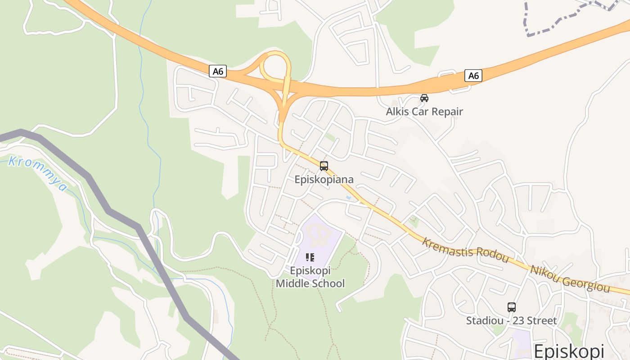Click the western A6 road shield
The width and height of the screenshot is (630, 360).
pyautogui.click(x=218, y=71)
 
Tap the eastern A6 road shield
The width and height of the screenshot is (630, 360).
pyautogui.click(x=473, y=76)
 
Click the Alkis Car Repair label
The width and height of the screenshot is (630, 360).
pyautogui.click(x=424, y=112)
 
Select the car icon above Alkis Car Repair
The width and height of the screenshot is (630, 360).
pyautogui.click(x=424, y=98)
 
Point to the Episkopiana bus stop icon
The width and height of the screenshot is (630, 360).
pyautogui.click(x=324, y=166)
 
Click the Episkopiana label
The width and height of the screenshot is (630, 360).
pyautogui.click(x=324, y=180)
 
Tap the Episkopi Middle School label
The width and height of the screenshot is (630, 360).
pyautogui.click(x=310, y=277)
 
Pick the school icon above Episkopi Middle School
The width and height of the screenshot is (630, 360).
pyautogui.click(x=310, y=257)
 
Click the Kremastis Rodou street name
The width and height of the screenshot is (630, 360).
pyautogui.click(x=465, y=250)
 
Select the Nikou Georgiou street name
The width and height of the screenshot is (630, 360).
pyautogui.click(x=570, y=279)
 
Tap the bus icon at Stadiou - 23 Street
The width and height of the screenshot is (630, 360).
pyautogui.click(x=512, y=307)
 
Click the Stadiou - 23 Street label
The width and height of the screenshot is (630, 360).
pyautogui.click(x=512, y=321)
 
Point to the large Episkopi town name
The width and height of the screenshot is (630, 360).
pyautogui.click(x=569, y=351)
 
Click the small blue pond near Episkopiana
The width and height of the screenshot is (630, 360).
pyautogui.click(x=348, y=198)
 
